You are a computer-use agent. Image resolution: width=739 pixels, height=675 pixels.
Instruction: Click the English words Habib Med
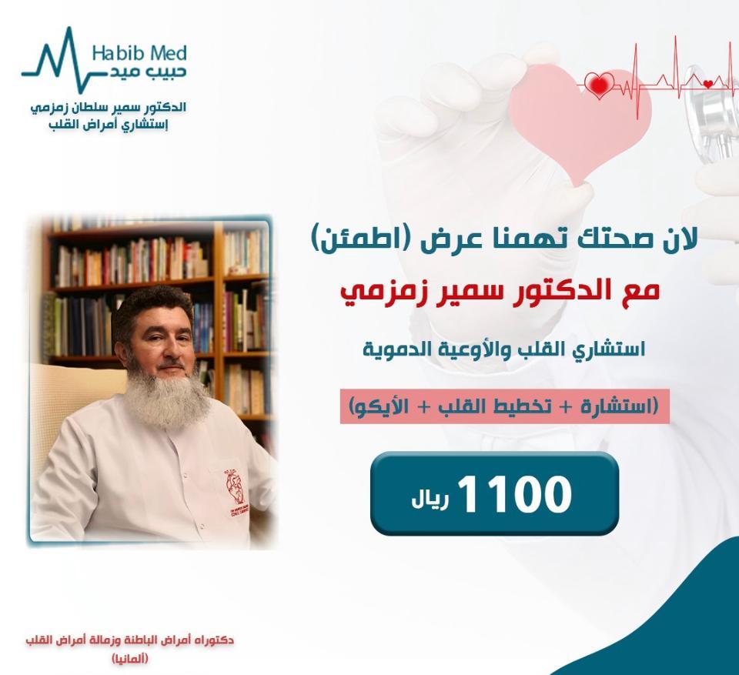point(139,53)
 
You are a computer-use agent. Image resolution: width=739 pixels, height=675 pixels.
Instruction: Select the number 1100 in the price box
point(515,494)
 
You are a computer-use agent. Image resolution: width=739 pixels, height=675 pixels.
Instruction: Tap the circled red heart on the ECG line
point(599,85)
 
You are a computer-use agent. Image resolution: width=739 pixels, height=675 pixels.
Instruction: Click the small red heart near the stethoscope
point(707,84)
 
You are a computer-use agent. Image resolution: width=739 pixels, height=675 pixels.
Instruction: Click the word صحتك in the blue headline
point(616,242)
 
